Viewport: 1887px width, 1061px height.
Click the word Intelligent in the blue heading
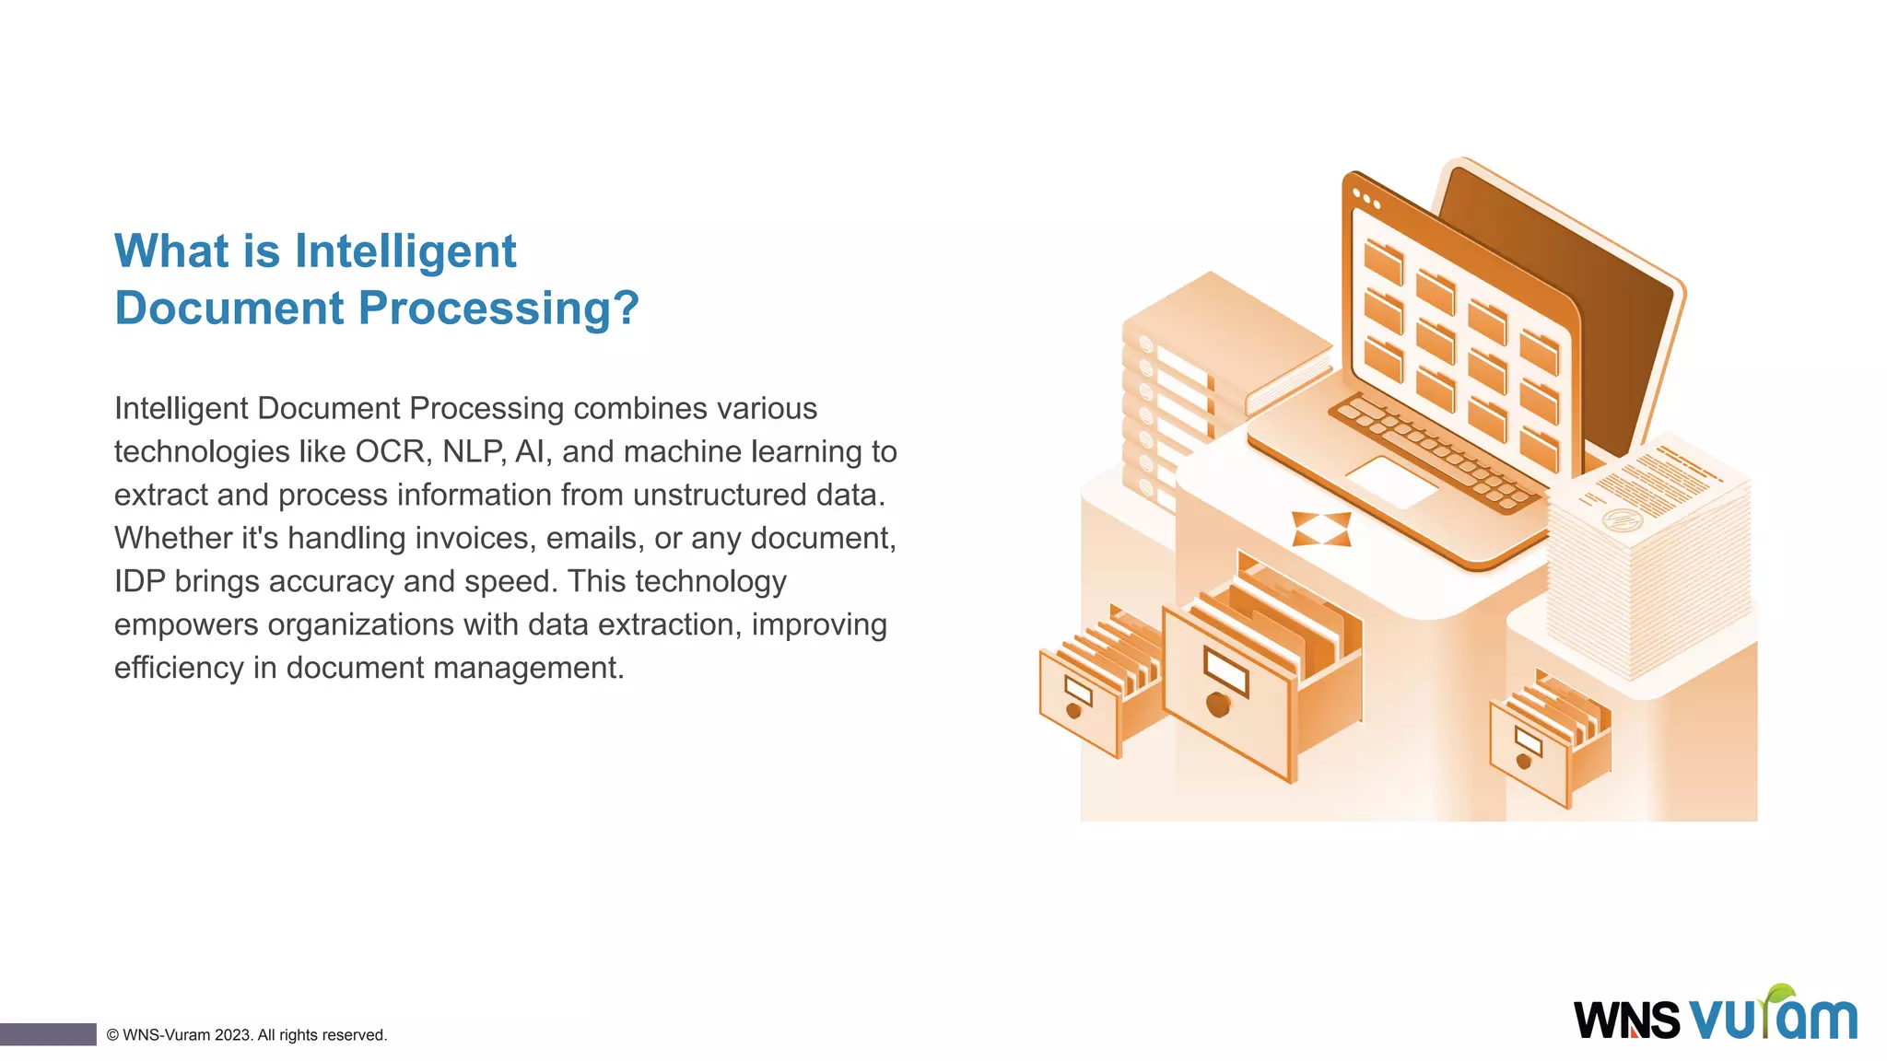point(405,251)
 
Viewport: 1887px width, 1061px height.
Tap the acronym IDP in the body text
point(139,581)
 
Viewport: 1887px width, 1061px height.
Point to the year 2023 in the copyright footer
point(233,1035)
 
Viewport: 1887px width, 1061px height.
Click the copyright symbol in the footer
point(112,1035)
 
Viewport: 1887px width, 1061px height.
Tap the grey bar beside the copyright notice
point(48,1034)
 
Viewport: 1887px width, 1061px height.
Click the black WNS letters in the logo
point(1626,1020)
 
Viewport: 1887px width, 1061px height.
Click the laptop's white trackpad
point(1392,481)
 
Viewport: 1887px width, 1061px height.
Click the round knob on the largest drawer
point(1218,705)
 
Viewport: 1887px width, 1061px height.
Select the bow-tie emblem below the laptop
point(1321,529)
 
